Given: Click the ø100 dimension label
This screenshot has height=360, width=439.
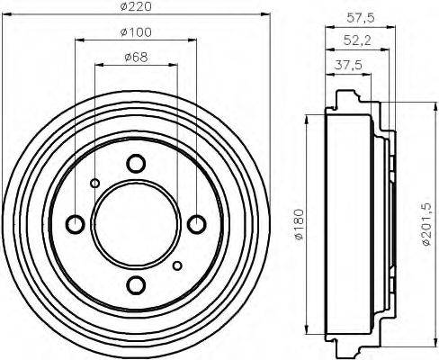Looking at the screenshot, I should pos(136,33).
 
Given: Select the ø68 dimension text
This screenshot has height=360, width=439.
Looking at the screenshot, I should pos(136,58).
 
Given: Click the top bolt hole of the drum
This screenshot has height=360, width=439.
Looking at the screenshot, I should pos(136,164).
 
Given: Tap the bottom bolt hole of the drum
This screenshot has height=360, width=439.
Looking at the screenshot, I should pos(136,285).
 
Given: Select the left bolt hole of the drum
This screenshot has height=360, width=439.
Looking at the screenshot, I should pos(76,224).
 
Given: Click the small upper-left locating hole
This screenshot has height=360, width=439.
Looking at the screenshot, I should pos(94,184).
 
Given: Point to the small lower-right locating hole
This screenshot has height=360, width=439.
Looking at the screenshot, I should pos(177,265).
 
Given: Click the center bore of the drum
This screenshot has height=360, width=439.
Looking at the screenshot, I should pos(136,224).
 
